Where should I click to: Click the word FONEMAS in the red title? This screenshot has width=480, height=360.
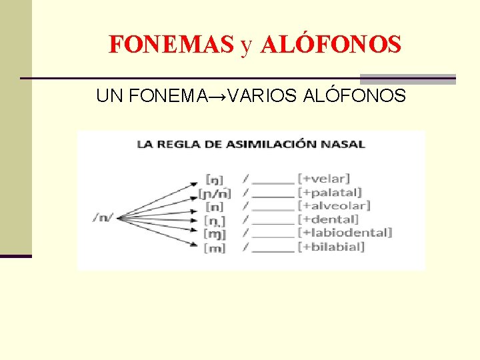point(171,45)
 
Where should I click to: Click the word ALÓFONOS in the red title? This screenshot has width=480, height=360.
point(331,45)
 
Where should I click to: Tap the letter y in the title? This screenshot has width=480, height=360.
point(247,45)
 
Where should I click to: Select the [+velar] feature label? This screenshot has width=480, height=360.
point(324,179)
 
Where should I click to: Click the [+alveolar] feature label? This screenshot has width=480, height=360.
point(334,206)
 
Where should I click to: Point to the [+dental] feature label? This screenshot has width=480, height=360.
point(328,219)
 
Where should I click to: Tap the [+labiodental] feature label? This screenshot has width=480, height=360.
point(345,233)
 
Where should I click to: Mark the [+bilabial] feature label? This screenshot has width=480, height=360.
point(331,247)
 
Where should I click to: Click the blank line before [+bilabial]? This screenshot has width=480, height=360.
point(273,249)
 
